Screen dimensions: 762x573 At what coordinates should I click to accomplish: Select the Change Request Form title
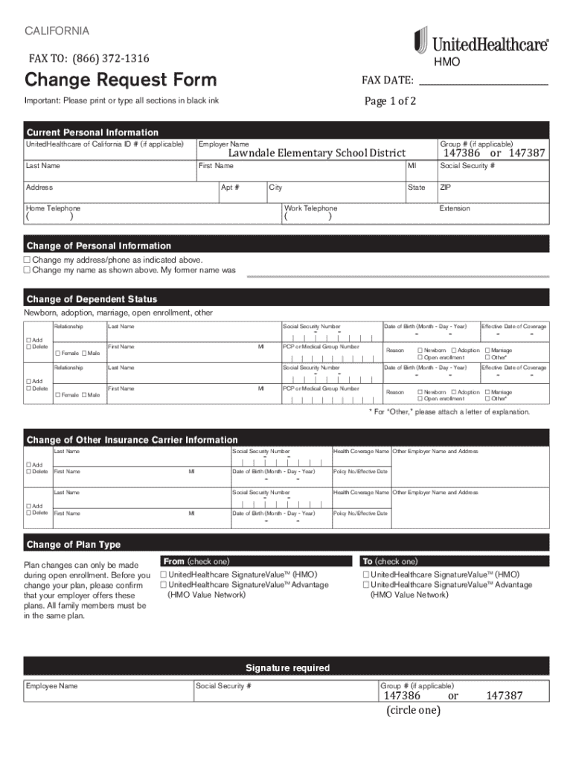[121, 80]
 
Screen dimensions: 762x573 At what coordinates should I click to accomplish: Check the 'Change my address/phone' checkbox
[27, 260]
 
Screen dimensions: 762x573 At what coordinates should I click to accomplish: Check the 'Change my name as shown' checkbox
[27, 270]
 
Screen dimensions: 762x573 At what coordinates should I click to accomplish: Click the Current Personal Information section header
[92, 132]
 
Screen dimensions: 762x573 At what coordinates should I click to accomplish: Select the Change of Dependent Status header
[92, 299]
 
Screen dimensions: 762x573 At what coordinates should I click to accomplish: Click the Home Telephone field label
[53, 208]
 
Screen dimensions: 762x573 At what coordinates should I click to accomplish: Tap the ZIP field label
[446, 188]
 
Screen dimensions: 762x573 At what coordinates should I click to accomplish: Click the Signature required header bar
[287, 667]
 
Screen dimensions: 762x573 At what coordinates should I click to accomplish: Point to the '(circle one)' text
[413, 710]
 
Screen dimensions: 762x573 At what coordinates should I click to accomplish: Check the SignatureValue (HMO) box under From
[164, 574]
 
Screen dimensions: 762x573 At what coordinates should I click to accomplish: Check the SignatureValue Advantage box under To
[365, 585]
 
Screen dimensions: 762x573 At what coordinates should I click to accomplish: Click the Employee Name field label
[52, 685]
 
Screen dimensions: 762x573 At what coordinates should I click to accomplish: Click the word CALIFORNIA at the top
[57, 31]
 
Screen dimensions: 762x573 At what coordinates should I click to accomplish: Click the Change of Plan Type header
[73, 545]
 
